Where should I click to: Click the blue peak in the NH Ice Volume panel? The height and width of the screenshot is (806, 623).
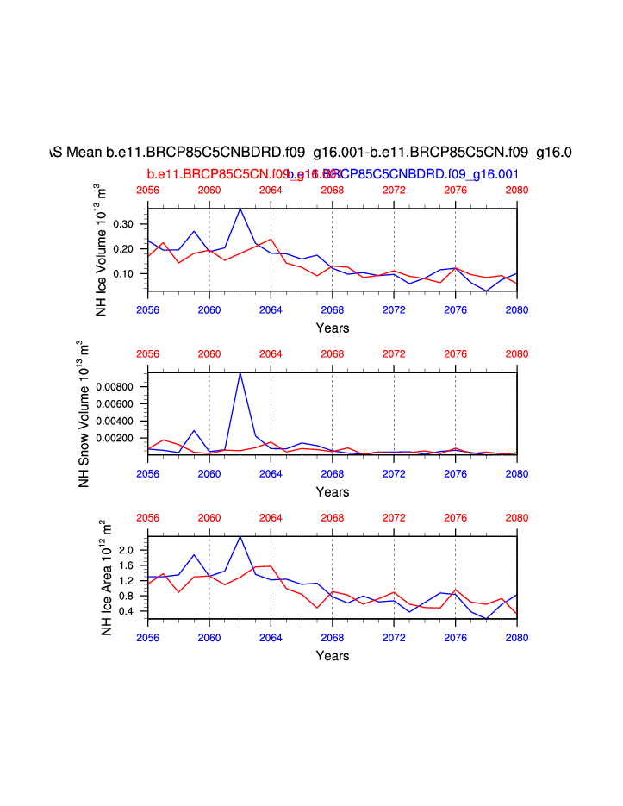pos(240,209)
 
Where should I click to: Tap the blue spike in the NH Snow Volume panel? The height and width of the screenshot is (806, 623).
pos(240,372)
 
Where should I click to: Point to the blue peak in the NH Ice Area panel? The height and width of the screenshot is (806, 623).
pos(240,537)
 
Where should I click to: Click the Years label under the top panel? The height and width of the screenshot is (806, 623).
pos(332,328)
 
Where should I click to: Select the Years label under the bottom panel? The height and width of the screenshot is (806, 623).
pos(332,656)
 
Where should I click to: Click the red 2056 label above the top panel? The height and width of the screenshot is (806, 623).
pos(147,191)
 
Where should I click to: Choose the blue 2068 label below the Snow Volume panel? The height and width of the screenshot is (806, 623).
pos(332,473)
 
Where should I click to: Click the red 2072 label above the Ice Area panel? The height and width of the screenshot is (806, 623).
pos(394,518)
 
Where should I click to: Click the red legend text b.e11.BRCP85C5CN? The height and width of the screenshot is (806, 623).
pos(215,173)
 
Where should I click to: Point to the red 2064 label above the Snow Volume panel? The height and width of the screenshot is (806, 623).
pos(271,354)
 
